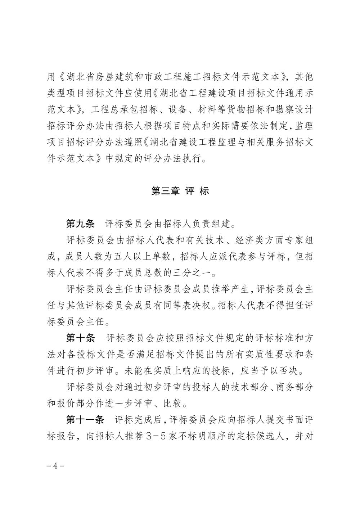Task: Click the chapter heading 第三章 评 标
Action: [x=180, y=191]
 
